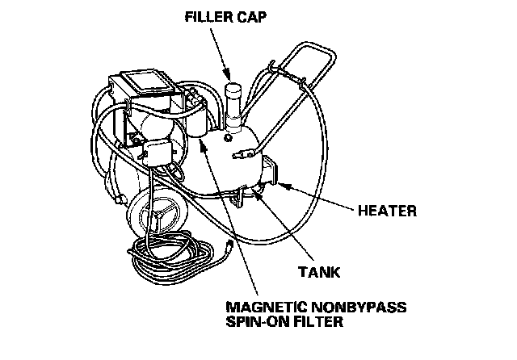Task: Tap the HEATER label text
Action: click(387, 212)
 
